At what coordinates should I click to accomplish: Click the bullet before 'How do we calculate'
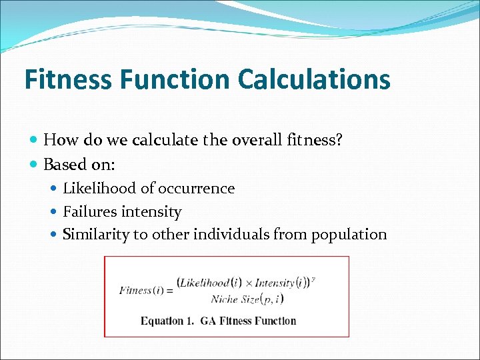coord(34,139)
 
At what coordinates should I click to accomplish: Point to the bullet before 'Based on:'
coord(34,164)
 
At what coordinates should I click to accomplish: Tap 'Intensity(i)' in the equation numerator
coord(279,283)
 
